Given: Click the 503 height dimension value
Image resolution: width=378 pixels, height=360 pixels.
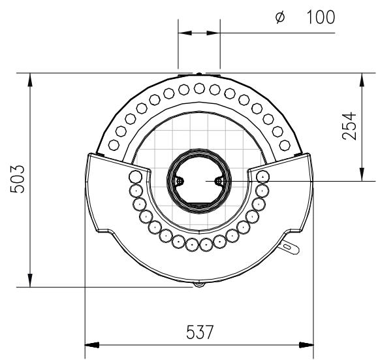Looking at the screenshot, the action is click(18, 179).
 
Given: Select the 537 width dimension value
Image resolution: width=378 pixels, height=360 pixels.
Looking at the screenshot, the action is click(200, 333).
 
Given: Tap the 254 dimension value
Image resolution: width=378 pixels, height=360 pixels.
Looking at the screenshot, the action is click(349, 125).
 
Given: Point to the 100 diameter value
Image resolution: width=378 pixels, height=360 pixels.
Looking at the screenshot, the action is click(321, 17).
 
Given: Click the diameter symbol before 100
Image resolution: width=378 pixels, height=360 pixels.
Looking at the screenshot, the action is click(280, 18).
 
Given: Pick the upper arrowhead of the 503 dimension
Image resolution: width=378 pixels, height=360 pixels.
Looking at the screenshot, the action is click(30, 80).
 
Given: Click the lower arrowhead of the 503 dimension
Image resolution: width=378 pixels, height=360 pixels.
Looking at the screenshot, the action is click(30, 280).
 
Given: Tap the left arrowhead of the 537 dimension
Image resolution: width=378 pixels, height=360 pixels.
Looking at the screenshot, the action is click(92, 345).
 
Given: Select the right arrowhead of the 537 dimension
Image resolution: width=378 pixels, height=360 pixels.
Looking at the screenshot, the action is click(306, 345).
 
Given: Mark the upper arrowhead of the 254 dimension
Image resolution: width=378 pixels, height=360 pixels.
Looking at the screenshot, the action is click(362, 80).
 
